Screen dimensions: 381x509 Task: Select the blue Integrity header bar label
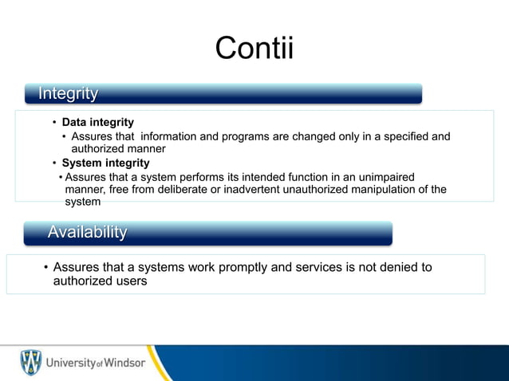(69, 94)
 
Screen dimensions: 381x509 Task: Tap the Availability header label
(87, 233)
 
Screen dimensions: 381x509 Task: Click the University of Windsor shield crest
(30, 363)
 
